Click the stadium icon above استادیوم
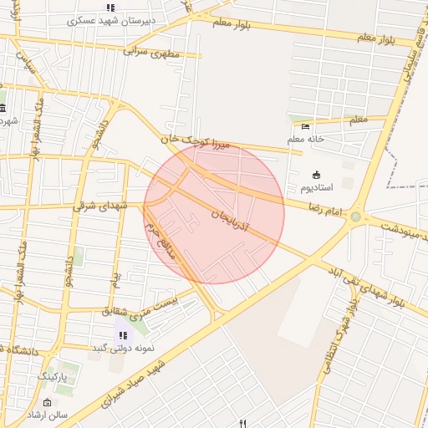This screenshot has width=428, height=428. coord(316,175)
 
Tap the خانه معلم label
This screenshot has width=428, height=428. coord(305,139)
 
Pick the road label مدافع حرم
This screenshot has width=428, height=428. coord(160,241)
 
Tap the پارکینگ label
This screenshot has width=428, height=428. coord(56,377)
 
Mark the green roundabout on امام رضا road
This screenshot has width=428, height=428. coord(356,217)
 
